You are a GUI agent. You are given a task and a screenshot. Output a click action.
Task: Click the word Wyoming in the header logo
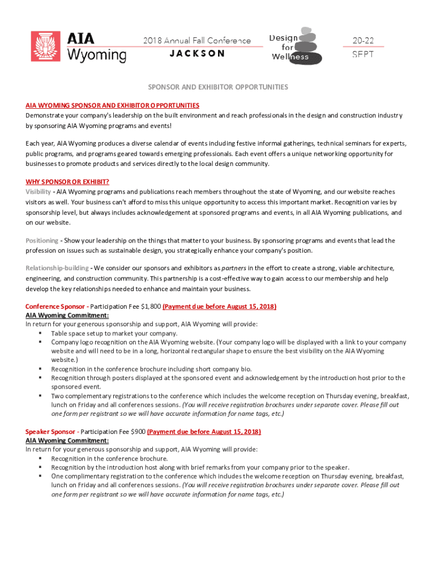point(97,55)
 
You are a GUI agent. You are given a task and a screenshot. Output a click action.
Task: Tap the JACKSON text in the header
point(197,54)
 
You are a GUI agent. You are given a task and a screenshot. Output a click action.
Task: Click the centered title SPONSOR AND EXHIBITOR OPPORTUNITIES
point(218,87)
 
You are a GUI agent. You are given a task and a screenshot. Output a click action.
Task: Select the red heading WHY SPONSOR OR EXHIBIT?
point(67,182)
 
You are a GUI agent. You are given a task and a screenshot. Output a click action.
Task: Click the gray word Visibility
point(38,192)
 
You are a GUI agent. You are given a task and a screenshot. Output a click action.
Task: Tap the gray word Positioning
point(41,241)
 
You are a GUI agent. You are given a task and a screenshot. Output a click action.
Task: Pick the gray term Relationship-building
point(57,268)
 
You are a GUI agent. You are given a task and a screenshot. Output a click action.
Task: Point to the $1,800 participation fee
point(149,306)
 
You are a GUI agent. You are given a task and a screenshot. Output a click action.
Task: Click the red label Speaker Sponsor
point(50,432)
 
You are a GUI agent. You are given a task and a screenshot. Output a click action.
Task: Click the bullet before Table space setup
point(41,334)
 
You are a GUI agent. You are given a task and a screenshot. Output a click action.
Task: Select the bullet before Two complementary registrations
point(41,396)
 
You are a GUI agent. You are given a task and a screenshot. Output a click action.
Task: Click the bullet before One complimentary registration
point(41,476)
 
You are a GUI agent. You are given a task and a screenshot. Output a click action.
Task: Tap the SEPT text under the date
point(362,55)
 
